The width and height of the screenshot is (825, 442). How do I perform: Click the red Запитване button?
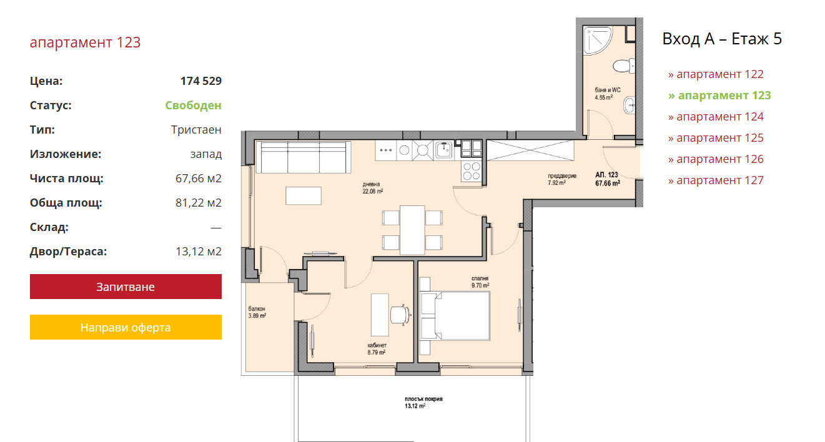126,287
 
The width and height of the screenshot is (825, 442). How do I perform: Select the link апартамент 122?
716,74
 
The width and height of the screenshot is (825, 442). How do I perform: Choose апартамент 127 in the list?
716,180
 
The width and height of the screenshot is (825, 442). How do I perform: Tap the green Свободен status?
193,106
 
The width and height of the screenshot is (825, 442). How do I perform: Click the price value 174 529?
200,81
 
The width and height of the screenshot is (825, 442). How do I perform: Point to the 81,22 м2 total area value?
198,203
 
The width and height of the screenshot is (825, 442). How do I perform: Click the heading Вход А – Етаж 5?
722,39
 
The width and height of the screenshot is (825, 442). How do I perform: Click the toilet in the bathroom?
624,66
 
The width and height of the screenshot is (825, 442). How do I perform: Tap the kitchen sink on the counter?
444,149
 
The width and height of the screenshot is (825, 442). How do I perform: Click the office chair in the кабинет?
400,315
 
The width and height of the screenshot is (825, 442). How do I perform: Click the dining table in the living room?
412,230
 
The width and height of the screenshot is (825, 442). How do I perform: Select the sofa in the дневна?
303,157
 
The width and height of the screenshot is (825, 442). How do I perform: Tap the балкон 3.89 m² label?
257,312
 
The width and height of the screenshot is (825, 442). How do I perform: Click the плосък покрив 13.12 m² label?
423,402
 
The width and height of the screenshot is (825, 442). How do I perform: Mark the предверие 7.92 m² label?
561,179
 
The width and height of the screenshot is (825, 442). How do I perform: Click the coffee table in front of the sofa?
304,195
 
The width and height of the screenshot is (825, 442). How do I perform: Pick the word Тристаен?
196,130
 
